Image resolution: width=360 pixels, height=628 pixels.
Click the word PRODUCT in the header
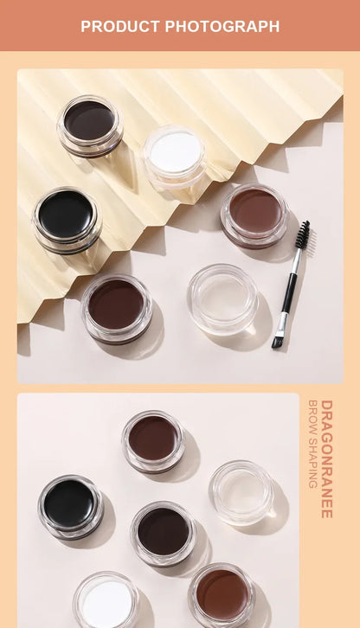pos(120,27)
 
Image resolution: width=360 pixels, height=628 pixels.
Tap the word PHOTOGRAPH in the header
pos(222,27)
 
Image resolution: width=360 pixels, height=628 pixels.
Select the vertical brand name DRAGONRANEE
pos(326,458)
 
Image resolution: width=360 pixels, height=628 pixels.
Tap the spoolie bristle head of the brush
pos(302,234)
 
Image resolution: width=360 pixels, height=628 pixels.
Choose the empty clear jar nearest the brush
pos(222,298)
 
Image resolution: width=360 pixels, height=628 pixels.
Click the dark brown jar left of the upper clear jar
pos(116,306)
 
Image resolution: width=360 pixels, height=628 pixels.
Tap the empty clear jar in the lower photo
pos(241,490)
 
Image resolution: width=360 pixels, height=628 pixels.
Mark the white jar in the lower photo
pos(106,600)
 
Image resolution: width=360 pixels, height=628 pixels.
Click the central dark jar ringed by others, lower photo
pos(163,531)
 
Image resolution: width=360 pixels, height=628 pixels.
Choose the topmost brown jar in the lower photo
pos(152,439)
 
